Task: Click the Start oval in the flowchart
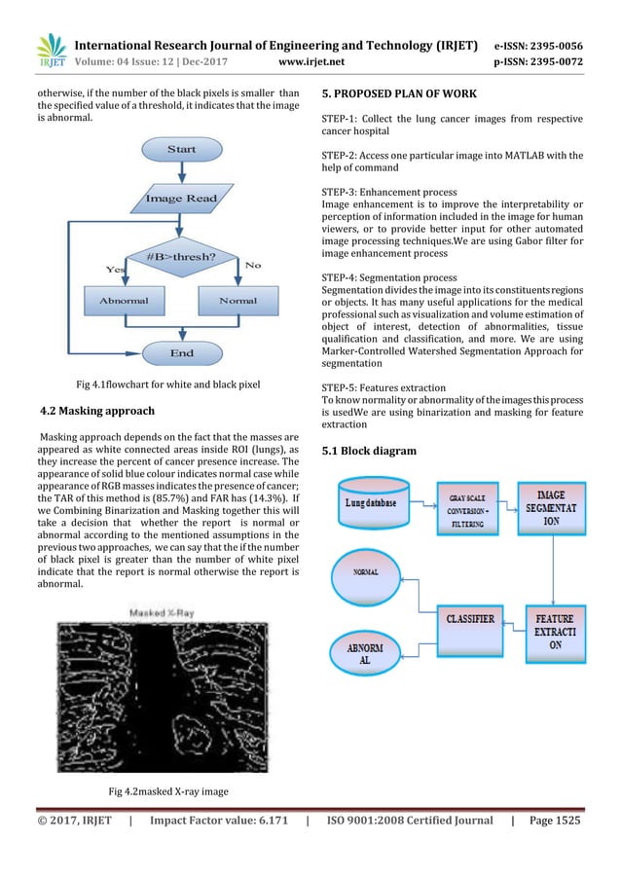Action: tap(181, 149)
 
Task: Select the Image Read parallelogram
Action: tap(181, 199)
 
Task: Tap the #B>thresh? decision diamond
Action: tap(181, 257)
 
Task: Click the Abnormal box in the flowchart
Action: tap(124, 301)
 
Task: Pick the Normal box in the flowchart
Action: tap(237, 301)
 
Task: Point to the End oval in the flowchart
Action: tap(181, 352)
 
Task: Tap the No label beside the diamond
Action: tap(253, 264)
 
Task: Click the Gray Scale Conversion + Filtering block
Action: tap(464, 507)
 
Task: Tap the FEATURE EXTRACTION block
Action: tap(553, 630)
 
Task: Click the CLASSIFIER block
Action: tap(467, 618)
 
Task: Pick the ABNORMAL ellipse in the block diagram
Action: tap(366, 651)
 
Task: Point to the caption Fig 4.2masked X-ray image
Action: tap(168, 791)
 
